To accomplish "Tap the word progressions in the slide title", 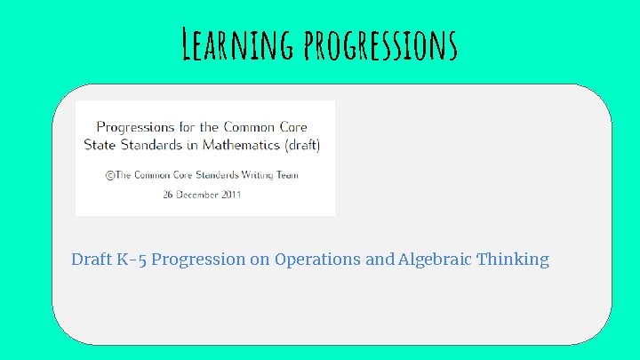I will (x=380, y=44).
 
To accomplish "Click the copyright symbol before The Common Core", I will (x=110, y=175).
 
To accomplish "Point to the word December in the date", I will (x=204, y=194).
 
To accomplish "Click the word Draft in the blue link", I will (x=92, y=260).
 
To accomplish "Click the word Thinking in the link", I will (x=514, y=260).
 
